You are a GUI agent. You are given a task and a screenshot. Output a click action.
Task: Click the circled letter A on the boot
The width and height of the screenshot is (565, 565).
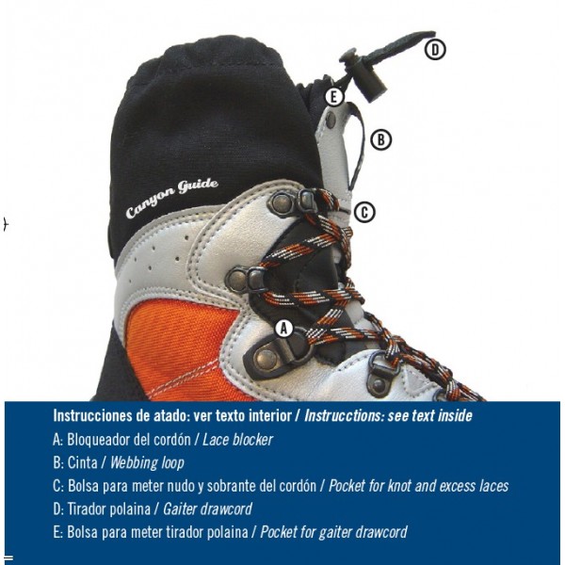tap(284, 329)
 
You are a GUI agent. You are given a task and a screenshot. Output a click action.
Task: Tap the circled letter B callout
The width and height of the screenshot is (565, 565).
tap(381, 139)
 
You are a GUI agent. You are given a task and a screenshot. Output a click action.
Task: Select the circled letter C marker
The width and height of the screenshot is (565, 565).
tap(364, 212)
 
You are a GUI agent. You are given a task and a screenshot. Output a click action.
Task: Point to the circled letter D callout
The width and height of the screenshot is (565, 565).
tap(435, 50)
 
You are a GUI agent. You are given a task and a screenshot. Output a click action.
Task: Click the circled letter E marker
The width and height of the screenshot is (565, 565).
tap(334, 97)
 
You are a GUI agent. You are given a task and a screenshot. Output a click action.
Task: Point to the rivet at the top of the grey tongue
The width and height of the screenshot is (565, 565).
tap(331, 120)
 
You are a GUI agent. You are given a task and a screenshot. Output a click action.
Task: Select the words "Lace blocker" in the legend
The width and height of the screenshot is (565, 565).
tap(238, 440)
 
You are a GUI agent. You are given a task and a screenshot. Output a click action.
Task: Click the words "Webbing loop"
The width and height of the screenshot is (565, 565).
tap(147, 463)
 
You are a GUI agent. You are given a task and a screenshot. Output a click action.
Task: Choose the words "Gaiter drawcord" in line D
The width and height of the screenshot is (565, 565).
tap(207, 509)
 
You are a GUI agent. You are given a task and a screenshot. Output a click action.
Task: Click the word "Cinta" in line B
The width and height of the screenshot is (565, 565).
tap(83, 463)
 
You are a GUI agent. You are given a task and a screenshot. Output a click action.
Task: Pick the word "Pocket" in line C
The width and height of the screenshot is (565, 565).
tap(347, 486)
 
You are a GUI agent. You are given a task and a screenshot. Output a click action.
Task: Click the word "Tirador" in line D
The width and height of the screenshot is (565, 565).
tap(88, 509)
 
